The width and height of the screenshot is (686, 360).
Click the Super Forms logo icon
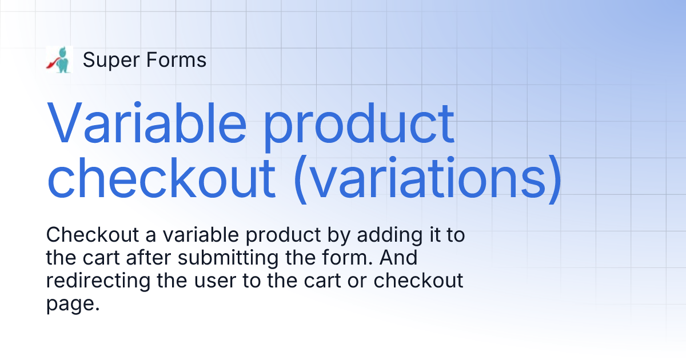[x=59, y=59]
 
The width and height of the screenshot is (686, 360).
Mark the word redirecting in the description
[x=90, y=281]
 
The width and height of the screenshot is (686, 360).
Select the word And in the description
[x=398, y=258]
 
